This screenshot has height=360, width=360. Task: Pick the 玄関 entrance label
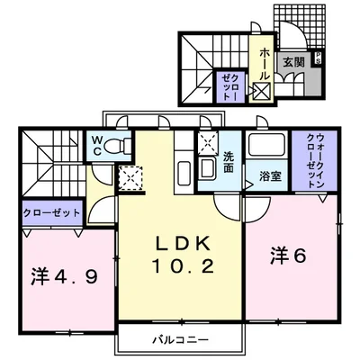coord(292,62)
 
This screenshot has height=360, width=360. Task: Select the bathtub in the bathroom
coord(267,147)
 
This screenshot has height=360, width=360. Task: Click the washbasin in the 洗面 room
coord(206,167)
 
